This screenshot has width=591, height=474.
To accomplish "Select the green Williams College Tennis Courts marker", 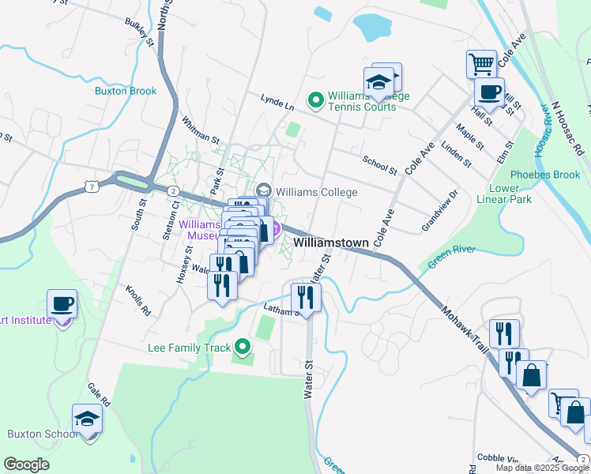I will coord(315,100).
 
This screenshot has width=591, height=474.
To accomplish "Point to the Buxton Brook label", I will coord(126,91).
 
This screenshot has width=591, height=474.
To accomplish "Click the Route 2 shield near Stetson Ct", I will coord(171,190).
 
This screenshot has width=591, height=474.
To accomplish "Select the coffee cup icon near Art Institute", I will coord(62,304).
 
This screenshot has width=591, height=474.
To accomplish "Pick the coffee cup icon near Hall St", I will coord(489,92).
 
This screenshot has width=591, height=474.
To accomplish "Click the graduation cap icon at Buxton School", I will coord(87,419).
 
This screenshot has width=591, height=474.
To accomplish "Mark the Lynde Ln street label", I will coord(277,101).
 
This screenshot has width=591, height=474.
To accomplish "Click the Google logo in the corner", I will coord(26,465).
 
